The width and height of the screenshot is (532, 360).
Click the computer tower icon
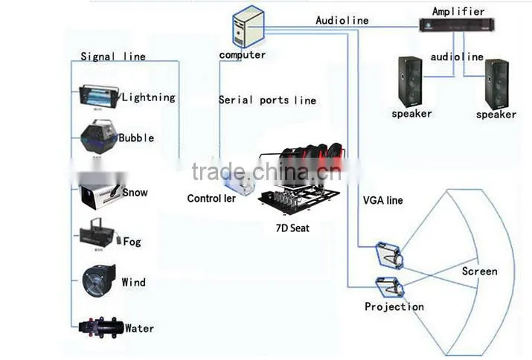[x=249, y=27]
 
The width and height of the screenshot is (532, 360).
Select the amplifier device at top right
[x=457, y=25]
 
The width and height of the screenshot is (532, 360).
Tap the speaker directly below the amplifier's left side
[x=411, y=83]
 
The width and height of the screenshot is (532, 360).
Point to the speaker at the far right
[x=497, y=85]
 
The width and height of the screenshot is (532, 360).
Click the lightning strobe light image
[x=99, y=97]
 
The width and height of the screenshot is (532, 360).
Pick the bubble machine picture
[x=98, y=136]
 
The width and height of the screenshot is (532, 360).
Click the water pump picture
[x=100, y=327]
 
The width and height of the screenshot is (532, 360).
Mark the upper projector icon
[x=389, y=255]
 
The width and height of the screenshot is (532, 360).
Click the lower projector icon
[x=390, y=287]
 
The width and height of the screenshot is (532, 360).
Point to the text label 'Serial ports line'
[x=267, y=100]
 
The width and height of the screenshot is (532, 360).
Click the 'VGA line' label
[x=382, y=200]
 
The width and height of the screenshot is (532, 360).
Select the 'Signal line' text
[x=113, y=57]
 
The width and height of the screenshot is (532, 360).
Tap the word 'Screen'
[x=479, y=271]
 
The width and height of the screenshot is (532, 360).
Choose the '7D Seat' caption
[x=292, y=228]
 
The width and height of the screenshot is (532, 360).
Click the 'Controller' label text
[x=211, y=198]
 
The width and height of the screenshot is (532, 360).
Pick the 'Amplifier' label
[x=458, y=11]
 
